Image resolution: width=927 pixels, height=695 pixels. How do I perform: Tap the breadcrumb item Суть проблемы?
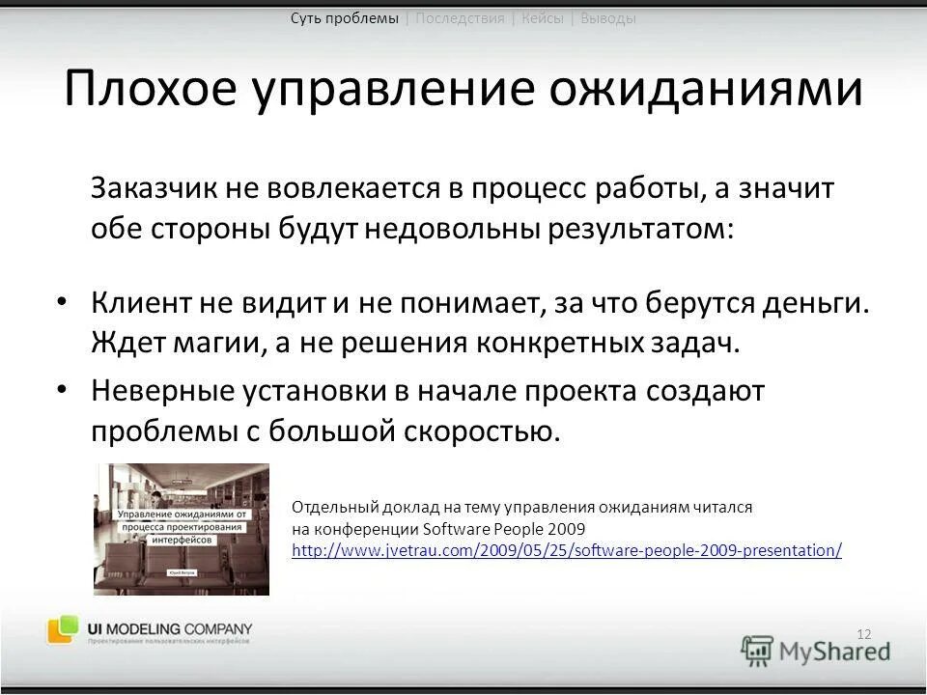(344, 18)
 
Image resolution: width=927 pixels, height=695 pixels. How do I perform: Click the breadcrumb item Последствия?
(460, 18)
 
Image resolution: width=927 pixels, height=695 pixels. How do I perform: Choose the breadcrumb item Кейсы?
(543, 18)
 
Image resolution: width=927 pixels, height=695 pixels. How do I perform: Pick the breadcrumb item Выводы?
(608, 18)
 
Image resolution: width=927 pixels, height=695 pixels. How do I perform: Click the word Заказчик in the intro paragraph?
(154, 189)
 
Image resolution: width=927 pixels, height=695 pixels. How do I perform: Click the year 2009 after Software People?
(566, 529)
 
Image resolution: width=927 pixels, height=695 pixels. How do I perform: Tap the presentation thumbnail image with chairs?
(181, 529)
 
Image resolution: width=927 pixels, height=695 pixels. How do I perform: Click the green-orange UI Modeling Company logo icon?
(63, 629)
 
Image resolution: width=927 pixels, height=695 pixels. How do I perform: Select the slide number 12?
(863, 633)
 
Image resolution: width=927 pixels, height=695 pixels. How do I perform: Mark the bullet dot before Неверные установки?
(63, 389)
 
